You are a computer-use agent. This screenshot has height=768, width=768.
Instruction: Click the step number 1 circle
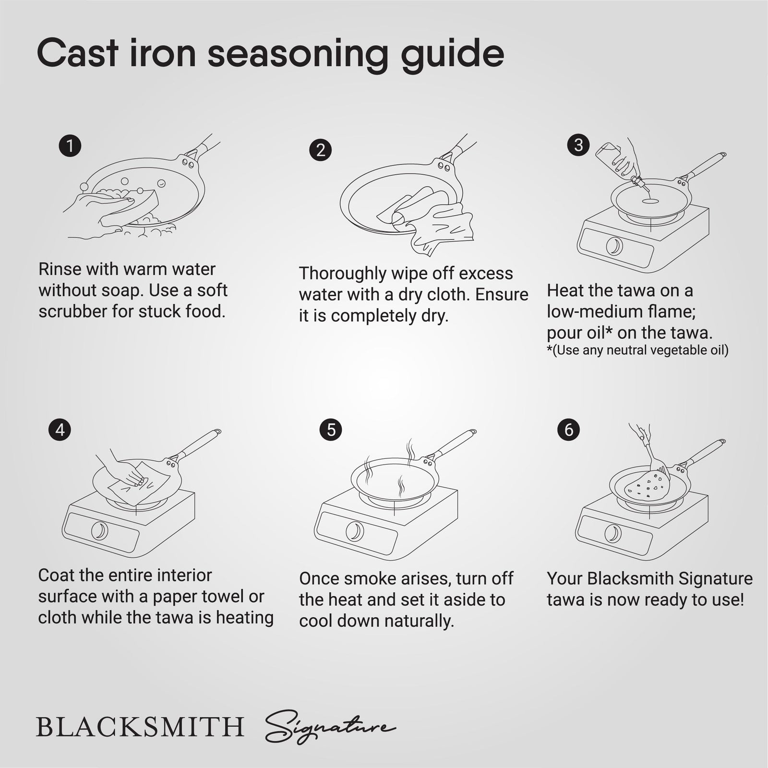pyautogui.click(x=70, y=145)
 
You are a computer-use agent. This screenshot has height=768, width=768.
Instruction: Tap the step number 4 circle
pyautogui.click(x=60, y=429)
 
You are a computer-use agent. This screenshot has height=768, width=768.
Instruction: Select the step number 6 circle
pyautogui.click(x=569, y=429)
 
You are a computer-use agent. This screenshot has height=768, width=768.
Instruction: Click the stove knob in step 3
pyautogui.click(x=614, y=247)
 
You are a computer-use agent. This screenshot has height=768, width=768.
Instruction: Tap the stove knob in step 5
pyautogui.click(x=354, y=531)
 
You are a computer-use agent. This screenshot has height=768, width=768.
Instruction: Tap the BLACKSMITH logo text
pyautogui.click(x=140, y=727)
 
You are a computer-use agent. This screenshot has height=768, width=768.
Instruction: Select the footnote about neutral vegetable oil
pyautogui.click(x=637, y=350)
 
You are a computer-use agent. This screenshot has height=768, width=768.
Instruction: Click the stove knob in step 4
pyautogui.click(x=99, y=531)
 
